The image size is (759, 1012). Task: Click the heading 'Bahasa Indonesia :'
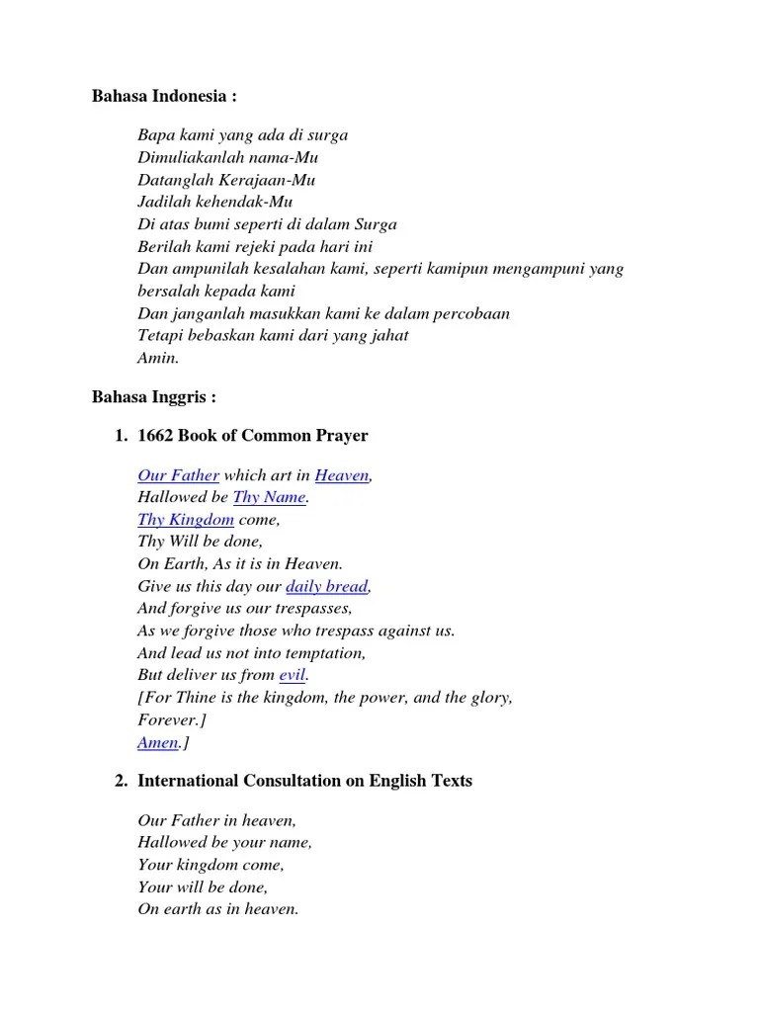coord(164,97)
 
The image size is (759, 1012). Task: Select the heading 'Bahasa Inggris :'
coord(153,397)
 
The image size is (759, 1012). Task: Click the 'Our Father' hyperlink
coord(178,475)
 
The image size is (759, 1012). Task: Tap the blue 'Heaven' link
coord(342,475)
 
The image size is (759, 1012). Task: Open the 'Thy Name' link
coord(270,497)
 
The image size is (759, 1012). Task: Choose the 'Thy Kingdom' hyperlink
coord(186,520)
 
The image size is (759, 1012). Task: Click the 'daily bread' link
coord(327,587)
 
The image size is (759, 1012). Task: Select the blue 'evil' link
coord(294,675)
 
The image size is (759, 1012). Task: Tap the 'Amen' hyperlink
coord(158,742)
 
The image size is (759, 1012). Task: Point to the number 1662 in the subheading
coord(156,436)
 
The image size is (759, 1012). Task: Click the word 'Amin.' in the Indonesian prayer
coord(158,358)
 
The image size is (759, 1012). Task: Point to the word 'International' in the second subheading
coord(188,781)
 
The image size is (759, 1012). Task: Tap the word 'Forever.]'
coord(172,719)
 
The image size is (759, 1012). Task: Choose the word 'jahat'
coord(388,335)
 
